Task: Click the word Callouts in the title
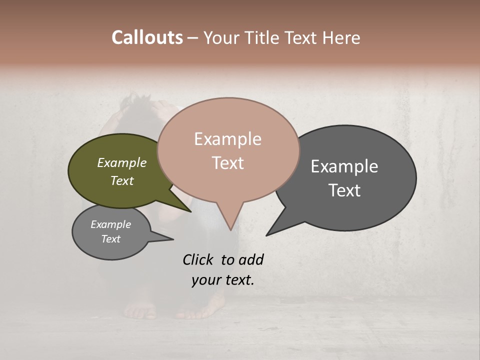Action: (147, 37)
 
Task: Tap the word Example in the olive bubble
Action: (121, 162)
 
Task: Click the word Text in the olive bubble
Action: (121, 180)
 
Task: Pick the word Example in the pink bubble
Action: (227, 139)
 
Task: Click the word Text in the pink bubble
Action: (227, 163)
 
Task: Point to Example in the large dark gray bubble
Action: (344, 166)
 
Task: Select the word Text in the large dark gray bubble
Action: (344, 190)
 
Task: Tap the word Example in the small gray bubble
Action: (110, 224)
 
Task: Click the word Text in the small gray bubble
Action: (110, 239)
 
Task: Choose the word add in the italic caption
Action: (251, 259)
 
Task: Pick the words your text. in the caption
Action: (222, 280)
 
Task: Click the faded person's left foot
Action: (141, 311)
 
